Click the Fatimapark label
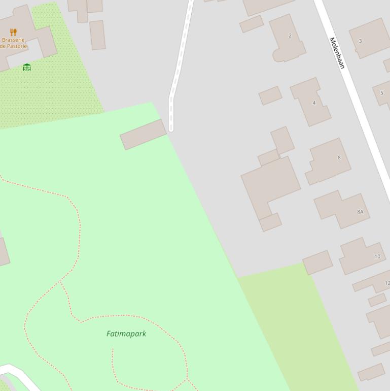[x=126, y=334]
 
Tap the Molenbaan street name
[x=337, y=53]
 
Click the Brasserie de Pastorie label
[x=14, y=43]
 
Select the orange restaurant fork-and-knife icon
[x=13, y=32]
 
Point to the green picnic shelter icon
[x=27, y=67]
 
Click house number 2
[x=290, y=36]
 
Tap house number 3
[x=360, y=41]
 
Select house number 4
[x=314, y=103]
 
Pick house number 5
[x=382, y=92]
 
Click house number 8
[x=339, y=157]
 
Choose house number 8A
[x=360, y=212]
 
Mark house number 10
[x=377, y=256]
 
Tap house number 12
[x=387, y=283]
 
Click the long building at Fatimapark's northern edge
[x=144, y=134]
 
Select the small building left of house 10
[x=317, y=262]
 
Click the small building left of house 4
[x=270, y=95]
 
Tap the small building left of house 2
[x=252, y=24]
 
